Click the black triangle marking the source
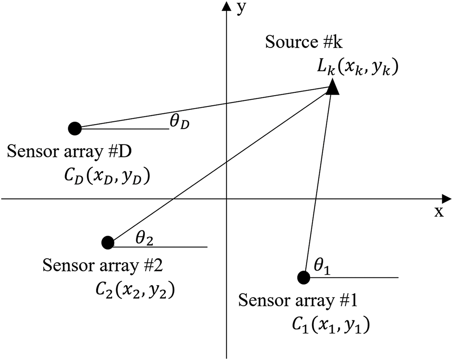pyautogui.click(x=332, y=88)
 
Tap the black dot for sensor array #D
pyautogui.click(x=75, y=128)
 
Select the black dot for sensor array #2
pyautogui.click(x=108, y=243)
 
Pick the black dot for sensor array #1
pyautogui.click(x=303, y=278)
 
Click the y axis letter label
pyautogui.click(x=240, y=9)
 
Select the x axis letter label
pyautogui.click(x=439, y=212)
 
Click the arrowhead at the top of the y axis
pyautogui.click(x=226, y=6)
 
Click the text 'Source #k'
pyautogui.click(x=304, y=42)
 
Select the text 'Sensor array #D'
pyautogui.click(x=69, y=151)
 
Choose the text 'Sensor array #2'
pyautogui.click(x=103, y=265)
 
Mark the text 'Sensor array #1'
pyautogui.click(x=298, y=301)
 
